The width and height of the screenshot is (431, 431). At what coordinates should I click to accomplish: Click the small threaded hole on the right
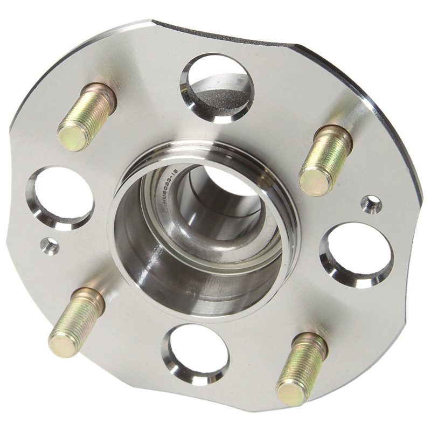click(371, 204)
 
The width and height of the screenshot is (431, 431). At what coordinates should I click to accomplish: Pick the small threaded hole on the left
click(50, 245)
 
